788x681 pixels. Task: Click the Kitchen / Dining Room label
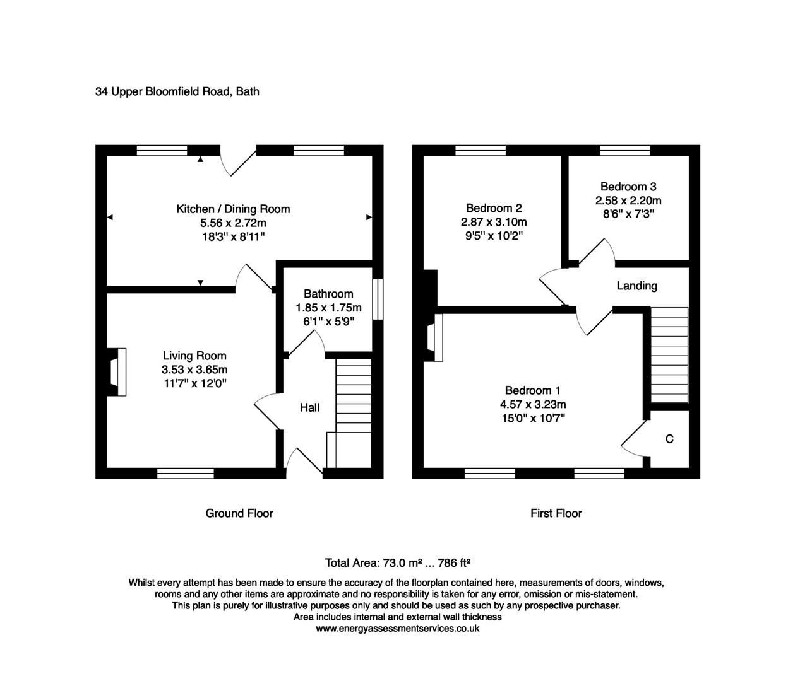[x=233, y=209]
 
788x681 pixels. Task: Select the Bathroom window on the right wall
[x=378, y=299]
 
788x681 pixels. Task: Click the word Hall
[x=309, y=408]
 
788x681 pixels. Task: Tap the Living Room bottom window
[x=185, y=473]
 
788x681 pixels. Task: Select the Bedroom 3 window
[x=625, y=150]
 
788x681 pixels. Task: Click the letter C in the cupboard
[x=669, y=439]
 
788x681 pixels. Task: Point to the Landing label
[x=636, y=286]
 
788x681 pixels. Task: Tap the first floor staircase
[x=669, y=355]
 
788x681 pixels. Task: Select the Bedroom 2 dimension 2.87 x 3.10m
[x=494, y=222]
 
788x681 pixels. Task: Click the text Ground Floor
[x=239, y=513]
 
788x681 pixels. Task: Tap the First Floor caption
[x=556, y=513]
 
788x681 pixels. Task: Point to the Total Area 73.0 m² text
[x=373, y=562]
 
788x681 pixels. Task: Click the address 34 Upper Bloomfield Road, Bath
[x=177, y=91]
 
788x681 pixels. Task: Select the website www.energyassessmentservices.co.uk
[x=397, y=629]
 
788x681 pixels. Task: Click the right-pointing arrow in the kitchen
[x=369, y=218]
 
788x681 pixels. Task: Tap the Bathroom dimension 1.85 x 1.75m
[x=328, y=308]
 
